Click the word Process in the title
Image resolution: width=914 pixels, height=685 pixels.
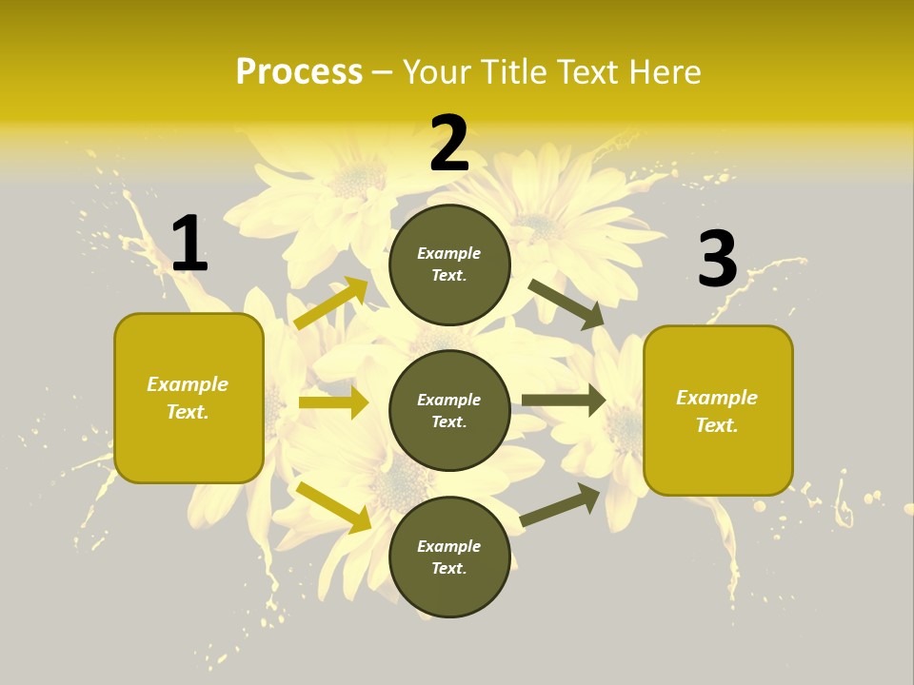click(x=299, y=72)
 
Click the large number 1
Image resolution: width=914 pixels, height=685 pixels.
click(x=189, y=245)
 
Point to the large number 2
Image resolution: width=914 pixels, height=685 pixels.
click(x=449, y=145)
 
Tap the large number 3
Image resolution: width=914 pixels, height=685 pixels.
click(x=717, y=259)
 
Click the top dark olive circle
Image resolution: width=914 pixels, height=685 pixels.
click(x=449, y=264)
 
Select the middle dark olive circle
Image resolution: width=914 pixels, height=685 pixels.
click(x=449, y=410)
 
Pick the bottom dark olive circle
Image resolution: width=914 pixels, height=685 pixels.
click(x=449, y=557)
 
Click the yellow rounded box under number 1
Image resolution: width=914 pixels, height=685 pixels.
click(x=189, y=398)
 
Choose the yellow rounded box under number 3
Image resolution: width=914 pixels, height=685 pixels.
click(x=718, y=410)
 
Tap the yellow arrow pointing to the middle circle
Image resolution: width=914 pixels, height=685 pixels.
click(x=333, y=402)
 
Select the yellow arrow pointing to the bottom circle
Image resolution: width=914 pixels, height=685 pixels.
click(x=333, y=506)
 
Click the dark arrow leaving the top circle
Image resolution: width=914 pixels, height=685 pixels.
click(x=566, y=303)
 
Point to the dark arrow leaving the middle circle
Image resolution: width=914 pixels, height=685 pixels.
click(x=563, y=401)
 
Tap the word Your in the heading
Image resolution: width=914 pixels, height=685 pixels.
click(x=434, y=72)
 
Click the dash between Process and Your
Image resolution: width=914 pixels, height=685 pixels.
click(x=383, y=72)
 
